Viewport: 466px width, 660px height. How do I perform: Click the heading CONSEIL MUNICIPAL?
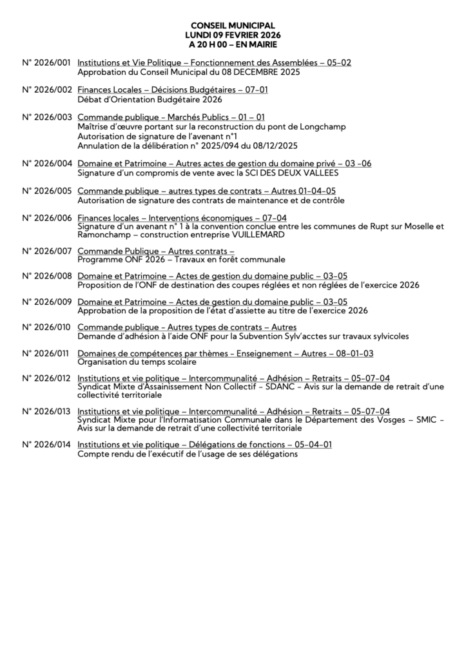[x=233, y=25]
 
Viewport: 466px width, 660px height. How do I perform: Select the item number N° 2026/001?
[x=46, y=63]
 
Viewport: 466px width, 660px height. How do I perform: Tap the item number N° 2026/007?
[x=46, y=249]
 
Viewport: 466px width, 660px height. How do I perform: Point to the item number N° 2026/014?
[x=46, y=445]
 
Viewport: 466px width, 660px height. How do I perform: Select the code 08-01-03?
[x=351, y=353]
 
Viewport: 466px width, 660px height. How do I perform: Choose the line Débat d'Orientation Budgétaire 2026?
[x=150, y=100]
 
